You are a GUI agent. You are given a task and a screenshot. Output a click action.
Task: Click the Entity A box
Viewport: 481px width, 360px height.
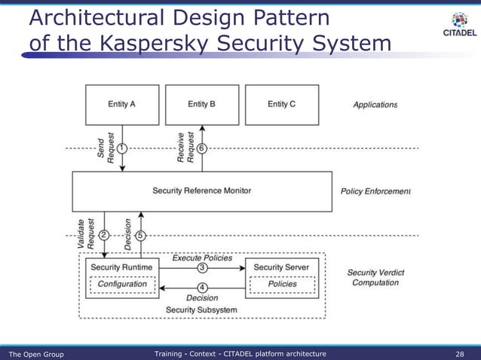tap(122, 105)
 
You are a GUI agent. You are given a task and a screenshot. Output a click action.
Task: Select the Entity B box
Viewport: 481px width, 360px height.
tap(201, 105)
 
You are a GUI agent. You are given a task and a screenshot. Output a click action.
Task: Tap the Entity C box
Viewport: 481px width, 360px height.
tap(282, 105)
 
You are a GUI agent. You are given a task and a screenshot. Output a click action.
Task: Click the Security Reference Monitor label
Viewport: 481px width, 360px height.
tap(201, 191)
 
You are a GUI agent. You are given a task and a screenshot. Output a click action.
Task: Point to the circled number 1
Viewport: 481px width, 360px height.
tap(123, 147)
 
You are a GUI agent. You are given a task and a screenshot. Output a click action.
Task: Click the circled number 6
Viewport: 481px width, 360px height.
tap(202, 147)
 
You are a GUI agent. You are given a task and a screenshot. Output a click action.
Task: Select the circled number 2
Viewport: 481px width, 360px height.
tap(105, 235)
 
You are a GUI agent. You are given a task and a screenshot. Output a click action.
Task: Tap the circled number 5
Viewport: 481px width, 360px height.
tap(140, 235)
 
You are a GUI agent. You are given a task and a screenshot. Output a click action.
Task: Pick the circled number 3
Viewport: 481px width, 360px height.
tap(202, 267)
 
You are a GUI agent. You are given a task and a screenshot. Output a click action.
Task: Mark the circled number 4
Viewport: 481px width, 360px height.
tap(202, 287)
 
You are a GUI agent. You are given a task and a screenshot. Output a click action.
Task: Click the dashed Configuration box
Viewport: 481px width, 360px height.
tap(122, 284)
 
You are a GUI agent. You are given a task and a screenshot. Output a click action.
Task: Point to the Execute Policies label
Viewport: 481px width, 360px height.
tap(202, 258)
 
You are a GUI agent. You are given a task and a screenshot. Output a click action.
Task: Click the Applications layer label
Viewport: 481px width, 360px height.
tap(375, 105)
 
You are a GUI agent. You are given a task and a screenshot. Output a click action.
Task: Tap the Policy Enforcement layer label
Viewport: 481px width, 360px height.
tap(375, 191)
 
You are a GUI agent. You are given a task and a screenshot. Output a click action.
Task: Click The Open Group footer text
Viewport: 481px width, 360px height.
tap(35, 353)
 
